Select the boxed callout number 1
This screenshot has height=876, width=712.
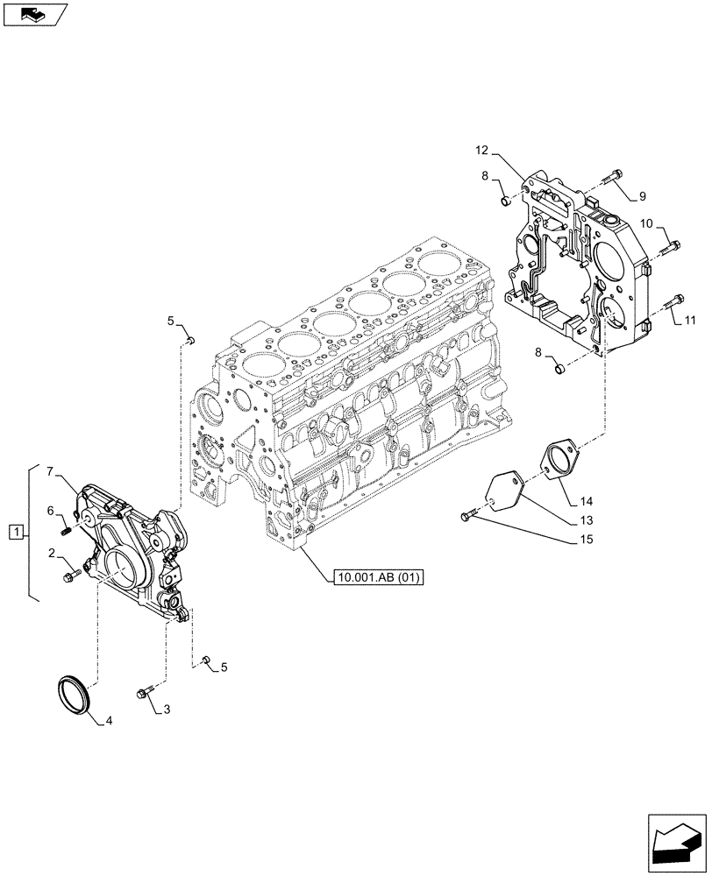click(x=15, y=532)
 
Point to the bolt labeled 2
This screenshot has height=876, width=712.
click(x=71, y=576)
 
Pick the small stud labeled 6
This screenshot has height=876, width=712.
click(x=66, y=527)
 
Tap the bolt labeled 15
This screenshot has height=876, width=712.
click(x=466, y=517)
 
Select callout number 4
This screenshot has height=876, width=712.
click(x=109, y=721)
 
